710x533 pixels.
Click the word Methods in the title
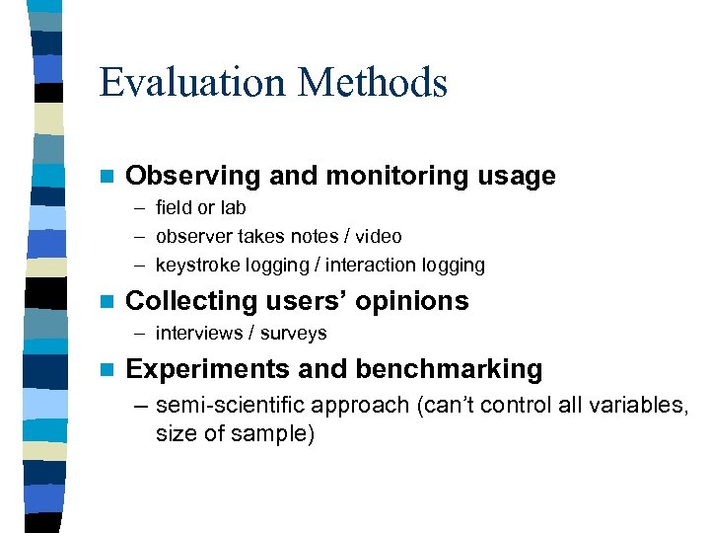coord(376,82)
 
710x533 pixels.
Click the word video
coord(378,237)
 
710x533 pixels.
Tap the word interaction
coord(374,266)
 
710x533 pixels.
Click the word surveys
coord(294,334)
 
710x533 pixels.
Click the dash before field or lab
coord(138,208)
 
